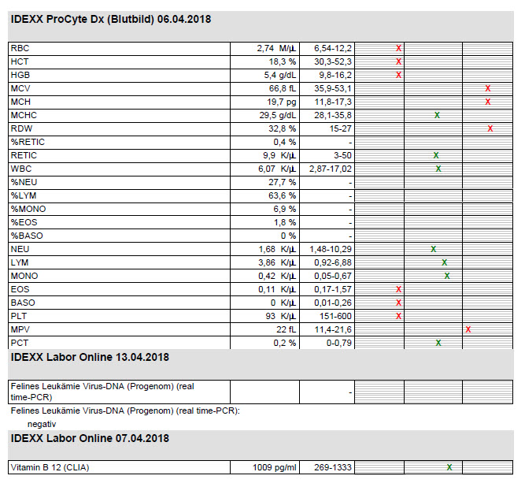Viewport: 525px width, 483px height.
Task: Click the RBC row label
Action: click(20, 48)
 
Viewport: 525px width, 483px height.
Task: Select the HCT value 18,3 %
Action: click(283, 61)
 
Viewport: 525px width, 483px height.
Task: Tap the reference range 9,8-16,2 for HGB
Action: click(335, 75)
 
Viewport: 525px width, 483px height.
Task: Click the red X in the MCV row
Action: click(488, 88)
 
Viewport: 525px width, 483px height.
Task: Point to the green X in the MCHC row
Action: click(437, 115)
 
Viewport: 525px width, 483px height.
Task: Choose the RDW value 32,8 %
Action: click(283, 128)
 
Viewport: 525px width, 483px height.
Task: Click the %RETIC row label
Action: click(28, 142)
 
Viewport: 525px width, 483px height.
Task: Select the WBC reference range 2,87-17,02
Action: click(331, 169)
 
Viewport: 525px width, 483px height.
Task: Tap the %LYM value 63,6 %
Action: click(283, 195)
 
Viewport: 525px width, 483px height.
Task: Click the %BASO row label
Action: click(27, 236)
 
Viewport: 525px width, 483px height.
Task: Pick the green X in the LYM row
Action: click(444, 263)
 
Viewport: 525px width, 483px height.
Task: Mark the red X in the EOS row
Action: click(398, 290)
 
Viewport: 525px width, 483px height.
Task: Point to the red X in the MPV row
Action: click(468, 330)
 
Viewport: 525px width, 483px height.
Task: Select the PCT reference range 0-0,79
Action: click(339, 344)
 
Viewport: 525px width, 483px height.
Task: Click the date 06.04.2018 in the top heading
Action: click(184, 20)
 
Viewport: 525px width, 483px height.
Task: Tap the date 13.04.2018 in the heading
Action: click(142, 357)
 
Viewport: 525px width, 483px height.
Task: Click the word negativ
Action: click(42, 425)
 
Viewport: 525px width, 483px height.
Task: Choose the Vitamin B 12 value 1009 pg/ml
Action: click(275, 467)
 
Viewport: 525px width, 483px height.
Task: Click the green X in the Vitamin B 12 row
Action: click(449, 467)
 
